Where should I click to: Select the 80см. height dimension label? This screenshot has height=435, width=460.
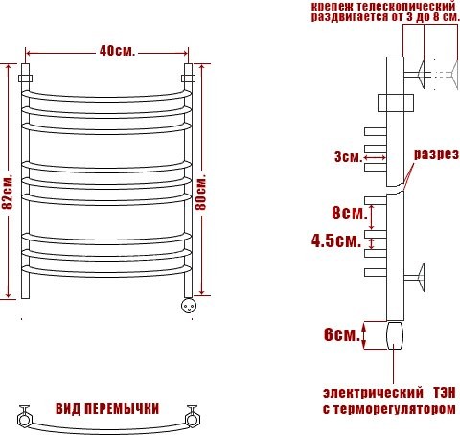203,192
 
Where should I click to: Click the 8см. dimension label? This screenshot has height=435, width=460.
346,212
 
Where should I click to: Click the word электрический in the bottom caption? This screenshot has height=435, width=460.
374,394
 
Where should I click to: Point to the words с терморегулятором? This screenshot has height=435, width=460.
386,410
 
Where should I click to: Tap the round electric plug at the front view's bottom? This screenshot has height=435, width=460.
189,306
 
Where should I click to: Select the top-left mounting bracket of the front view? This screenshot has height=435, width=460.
27,73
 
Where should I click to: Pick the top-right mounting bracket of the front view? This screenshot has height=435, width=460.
189,73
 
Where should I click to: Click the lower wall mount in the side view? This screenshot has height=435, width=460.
416,280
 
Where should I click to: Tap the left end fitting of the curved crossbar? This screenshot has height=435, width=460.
25,416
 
